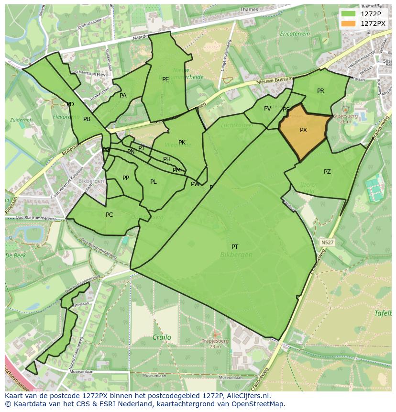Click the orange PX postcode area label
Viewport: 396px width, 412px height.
click(x=303, y=130)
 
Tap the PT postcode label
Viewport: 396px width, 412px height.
click(x=235, y=247)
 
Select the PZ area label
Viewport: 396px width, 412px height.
click(x=327, y=172)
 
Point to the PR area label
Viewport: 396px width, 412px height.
click(x=320, y=91)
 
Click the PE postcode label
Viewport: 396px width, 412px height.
click(x=165, y=79)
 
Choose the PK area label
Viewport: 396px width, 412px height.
click(x=182, y=143)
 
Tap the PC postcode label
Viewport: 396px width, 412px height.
click(x=109, y=215)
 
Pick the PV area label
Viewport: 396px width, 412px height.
click(x=267, y=109)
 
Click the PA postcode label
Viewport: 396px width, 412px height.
click(x=123, y=96)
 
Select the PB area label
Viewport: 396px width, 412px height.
click(x=87, y=119)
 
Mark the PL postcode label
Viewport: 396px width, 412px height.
click(x=153, y=182)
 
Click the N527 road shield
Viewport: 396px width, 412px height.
click(x=327, y=243)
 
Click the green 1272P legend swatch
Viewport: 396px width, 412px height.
click(x=349, y=14)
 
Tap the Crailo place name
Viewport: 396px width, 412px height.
click(x=162, y=337)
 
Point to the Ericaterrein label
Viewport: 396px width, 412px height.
click(x=295, y=34)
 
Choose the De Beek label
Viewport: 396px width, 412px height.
click(x=15, y=256)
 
